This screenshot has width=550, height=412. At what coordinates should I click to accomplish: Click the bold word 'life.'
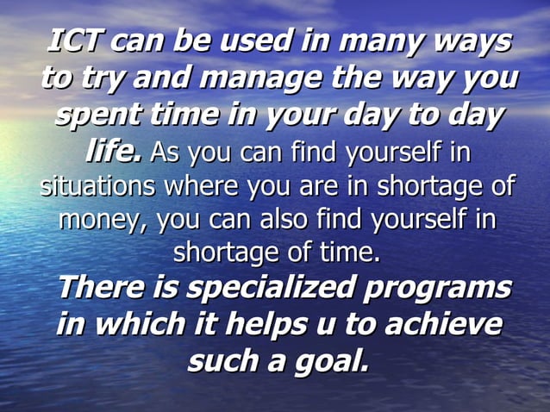coord(114,153)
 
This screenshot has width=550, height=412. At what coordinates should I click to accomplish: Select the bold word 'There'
coord(99,288)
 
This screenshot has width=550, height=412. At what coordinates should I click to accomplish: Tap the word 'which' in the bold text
coord(139,325)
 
